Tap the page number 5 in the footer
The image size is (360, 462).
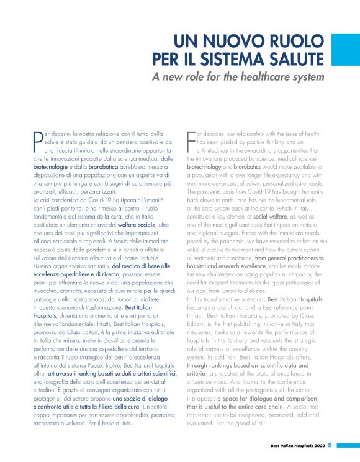[x=330, y=445]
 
